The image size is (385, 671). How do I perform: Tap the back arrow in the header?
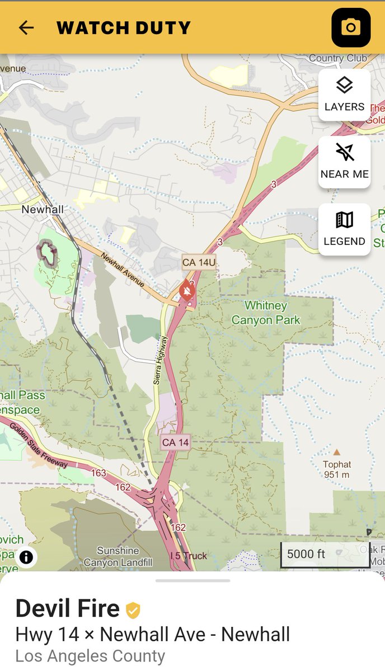tap(26, 27)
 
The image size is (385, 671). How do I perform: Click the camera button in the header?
tap(351, 27)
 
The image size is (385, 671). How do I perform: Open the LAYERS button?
tap(344, 94)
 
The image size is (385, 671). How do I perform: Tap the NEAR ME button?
tap(344, 162)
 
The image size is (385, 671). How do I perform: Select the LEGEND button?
tap(344, 229)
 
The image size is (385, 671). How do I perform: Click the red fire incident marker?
tap(187, 290)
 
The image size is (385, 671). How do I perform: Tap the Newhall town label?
tap(42, 209)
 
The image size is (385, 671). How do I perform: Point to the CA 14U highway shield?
tap(199, 262)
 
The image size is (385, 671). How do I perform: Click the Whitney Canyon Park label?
tap(266, 313)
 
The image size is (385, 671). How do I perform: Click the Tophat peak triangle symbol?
tap(337, 452)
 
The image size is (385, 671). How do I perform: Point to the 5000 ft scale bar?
tap(325, 554)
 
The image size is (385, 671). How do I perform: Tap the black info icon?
tap(26, 557)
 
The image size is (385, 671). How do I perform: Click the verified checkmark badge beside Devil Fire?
tap(133, 609)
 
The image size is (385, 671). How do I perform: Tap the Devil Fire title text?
tap(67, 608)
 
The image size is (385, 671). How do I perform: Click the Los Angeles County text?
tap(90, 656)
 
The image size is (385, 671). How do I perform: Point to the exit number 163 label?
tap(98, 473)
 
